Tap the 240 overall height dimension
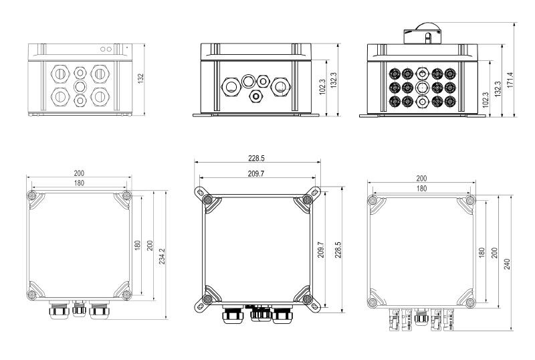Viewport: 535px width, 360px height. pyautogui.click(x=507, y=264)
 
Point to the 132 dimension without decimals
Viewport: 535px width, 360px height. pyautogui.click(x=140, y=79)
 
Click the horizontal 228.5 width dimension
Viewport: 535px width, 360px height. pyautogui.click(x=257, y=159)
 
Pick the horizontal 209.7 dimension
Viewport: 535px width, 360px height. pyautogui.click(x=256, y=174)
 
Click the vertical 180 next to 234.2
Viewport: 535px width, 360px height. pyautogui.click(x=138, y=245)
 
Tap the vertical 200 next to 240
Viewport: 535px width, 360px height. pyautogui.click(x=495, y=252)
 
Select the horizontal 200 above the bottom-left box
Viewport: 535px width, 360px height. pyautogui.click(x=79, y=173)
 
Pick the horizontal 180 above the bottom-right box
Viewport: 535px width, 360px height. pyautogui.click(x=421, y=189)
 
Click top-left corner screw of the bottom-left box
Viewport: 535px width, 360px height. pyautogui.click(x=31, y=195)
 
